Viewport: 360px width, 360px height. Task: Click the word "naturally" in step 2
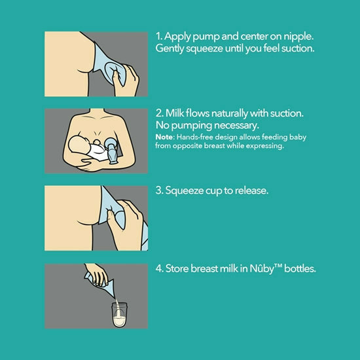(x=229, y=113)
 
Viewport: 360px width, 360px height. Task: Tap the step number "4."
(x=159, y=268)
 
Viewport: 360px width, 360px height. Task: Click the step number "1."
(x=159, y=36)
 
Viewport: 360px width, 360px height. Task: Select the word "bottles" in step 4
(x=300, y=268)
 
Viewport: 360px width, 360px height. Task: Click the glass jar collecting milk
(x=119, y=315)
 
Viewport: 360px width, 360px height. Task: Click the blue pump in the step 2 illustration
(x=111, y=151)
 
